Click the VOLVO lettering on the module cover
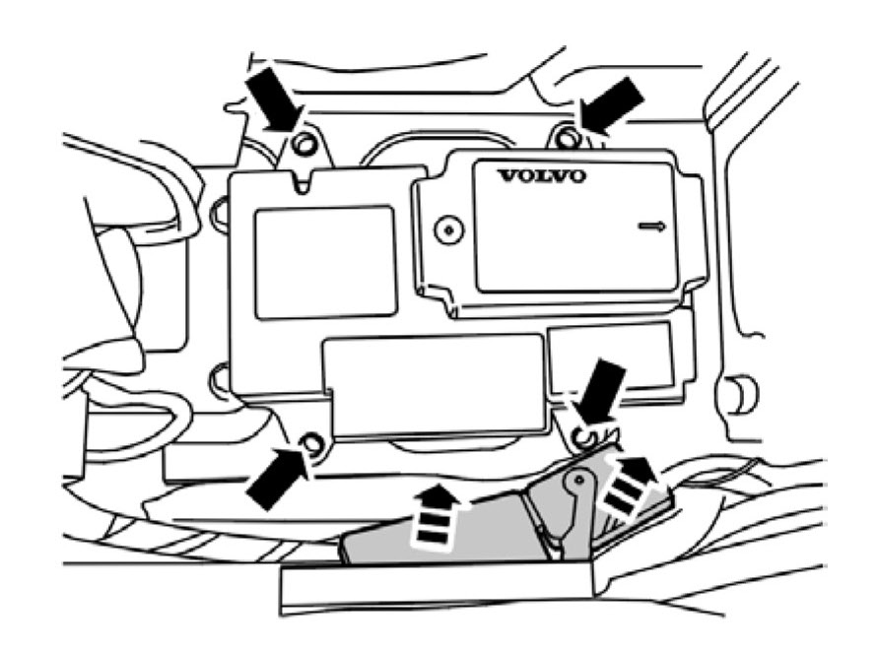pyautogui.click(x=541, y=177)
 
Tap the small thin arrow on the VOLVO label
pyautogui.click(x=651, y=227)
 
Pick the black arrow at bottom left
pyautogui.click(x=277, y=477)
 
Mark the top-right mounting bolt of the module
pyautogui.click(x=566, y=137)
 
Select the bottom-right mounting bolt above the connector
pyautogui.click(x=582, y=433)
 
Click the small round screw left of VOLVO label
pyautogui.click(x=448, y=229)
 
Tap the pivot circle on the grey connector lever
pyautogui.click(x=579, y=480)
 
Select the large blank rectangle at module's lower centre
pyautogui.click(x=438, y=385)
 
